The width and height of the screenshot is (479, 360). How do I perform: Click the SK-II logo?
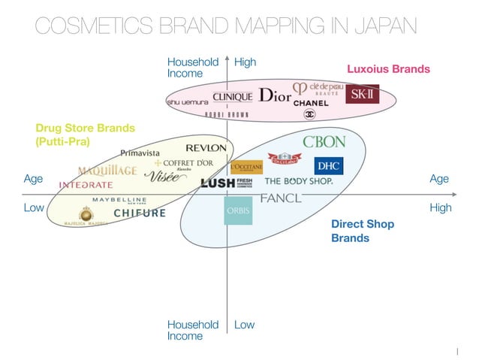pos(362,95)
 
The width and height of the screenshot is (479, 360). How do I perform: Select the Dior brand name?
pos(275,95)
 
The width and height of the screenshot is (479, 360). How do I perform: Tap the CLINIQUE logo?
pos(233,96)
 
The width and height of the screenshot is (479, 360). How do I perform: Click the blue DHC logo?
pos(328,165)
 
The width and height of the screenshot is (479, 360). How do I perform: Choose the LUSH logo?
pos(217,182)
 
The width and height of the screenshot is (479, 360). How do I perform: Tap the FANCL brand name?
pos(280,198)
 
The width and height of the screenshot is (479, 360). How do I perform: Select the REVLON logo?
pos(206,147)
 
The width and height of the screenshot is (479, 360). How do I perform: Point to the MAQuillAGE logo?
pos(107,170)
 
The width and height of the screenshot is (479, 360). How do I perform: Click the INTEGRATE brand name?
pos(86,184)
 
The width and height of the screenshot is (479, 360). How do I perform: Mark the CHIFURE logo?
pos(140,213)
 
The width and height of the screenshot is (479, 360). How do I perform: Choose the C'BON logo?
pos(324,141)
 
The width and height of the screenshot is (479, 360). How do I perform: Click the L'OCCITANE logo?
pos(246,167)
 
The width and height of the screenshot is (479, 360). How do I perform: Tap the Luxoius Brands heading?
pos(388,69)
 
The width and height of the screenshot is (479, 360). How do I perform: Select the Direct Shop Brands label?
pos(363,231)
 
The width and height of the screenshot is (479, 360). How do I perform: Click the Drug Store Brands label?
pos(85,134)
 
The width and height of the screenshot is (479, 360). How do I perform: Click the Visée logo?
pos(164,177)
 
